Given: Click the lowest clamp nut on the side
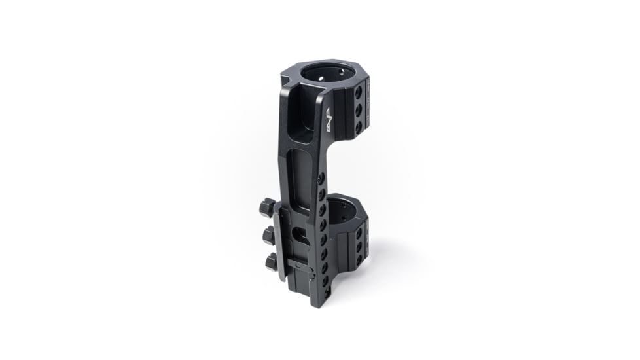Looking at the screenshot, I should (x=271, y=262).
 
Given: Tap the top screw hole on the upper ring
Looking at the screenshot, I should (x=358, y=94).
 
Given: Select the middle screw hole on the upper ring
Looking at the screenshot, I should (x=358, y=109).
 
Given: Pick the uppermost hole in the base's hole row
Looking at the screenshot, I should (x=319, y=179).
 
